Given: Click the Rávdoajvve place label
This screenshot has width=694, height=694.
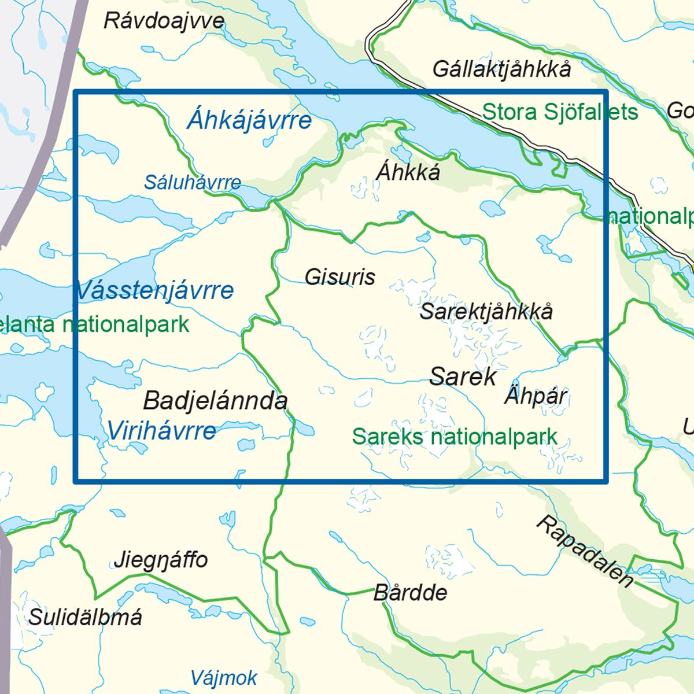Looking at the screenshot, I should [164, 21].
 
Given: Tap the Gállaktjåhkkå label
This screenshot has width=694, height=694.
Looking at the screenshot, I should [501, 69].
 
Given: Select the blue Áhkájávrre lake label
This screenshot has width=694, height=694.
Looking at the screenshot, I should [249, 120].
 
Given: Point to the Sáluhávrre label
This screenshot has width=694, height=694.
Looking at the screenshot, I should [193, 183].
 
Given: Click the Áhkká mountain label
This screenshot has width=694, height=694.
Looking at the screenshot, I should [408, 172].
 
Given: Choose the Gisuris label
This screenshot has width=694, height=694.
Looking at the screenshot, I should [340, 277].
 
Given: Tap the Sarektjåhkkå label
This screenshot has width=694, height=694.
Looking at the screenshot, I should [486, 311].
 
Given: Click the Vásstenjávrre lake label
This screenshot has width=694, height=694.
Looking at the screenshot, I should [154, 290].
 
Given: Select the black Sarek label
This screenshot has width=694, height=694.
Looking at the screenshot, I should [463, 376].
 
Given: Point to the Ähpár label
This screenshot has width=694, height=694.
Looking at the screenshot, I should [536, 396].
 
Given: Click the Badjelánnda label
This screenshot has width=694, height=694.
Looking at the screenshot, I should [215, 401].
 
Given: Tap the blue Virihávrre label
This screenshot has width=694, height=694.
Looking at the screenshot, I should [162, 430].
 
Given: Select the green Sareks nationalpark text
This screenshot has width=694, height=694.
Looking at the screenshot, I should [455, 437].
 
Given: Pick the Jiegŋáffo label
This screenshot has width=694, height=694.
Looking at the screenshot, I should [161, 560].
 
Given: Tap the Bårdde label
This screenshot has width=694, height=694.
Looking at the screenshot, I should [411, 593].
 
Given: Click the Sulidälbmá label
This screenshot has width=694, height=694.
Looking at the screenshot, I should [86, 618].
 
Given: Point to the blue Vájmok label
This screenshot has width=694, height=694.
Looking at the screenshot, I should [224, 678].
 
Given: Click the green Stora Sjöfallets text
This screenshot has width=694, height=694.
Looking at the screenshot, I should [560, 112].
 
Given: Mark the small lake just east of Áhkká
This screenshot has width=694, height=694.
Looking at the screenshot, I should [490, 206].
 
